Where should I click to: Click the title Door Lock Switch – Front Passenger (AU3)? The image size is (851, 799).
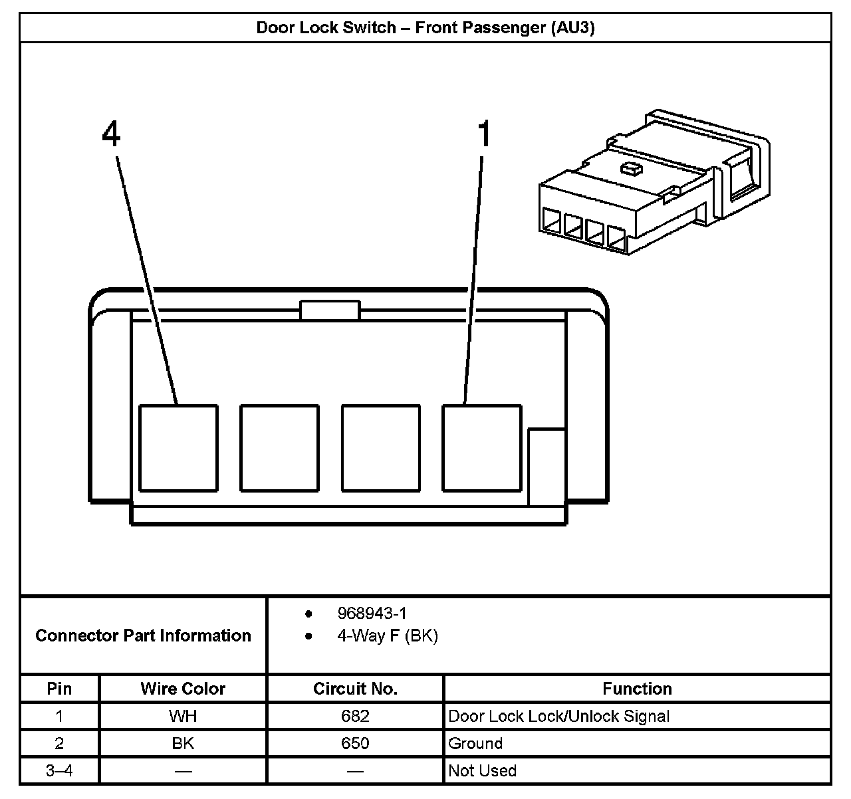[425, 28]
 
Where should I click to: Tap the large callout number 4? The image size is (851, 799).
[111, 134]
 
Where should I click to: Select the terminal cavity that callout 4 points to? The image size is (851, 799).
[178, 448]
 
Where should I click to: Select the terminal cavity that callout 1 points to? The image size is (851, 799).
[482, 448]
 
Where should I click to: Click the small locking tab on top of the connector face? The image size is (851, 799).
[330, 310]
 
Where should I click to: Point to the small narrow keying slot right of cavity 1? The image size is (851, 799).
[547, 467]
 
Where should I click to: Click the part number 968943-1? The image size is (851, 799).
[372, 613]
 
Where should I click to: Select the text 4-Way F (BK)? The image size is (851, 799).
[387, 636]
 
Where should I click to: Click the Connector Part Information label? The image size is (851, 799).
[143, 635]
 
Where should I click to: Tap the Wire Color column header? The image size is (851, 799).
[183, 689]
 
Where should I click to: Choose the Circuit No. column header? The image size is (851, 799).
[355, 689]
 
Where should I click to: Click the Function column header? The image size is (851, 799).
[637, 689]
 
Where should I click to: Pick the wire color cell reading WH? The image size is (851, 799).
[183, 716]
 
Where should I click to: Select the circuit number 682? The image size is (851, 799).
[355, 716]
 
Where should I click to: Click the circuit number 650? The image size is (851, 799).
[355, 743]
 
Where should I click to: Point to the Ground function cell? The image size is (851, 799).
[475, 743]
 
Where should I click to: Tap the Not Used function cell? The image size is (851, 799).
[482, 770]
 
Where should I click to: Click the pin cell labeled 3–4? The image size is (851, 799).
[59, 770]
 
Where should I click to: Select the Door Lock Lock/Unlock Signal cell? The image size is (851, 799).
[558, 716]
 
